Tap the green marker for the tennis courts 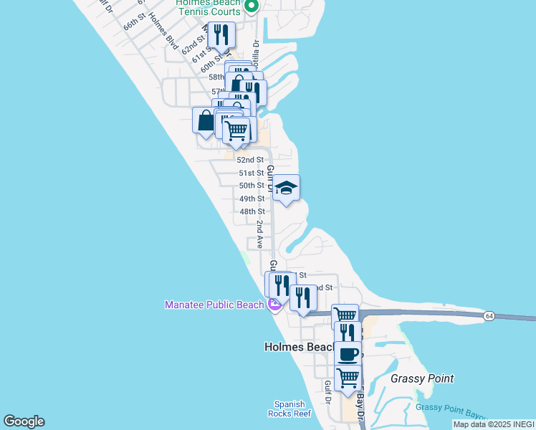251,6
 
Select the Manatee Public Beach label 214,305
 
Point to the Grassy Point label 423,378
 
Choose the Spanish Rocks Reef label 289,408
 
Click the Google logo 24,421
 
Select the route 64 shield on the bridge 488,315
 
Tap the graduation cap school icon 286,189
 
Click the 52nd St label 250,160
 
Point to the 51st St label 252,173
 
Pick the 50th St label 252,186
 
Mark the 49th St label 252,199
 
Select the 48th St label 252,211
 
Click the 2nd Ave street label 261,234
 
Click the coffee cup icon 348,353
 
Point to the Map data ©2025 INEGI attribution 494,424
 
